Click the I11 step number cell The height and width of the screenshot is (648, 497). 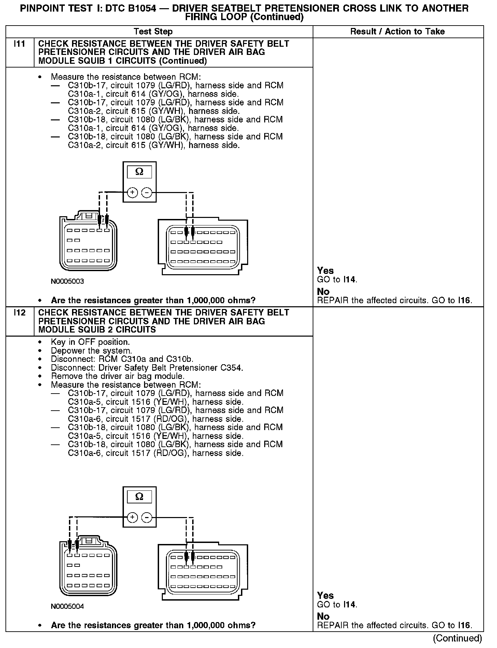click(x=19, y=44)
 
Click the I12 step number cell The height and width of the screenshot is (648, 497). click(x=19, y=313)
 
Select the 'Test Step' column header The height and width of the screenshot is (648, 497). click(x=153, y=32)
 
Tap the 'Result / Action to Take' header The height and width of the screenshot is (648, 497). click(x=397, y=32)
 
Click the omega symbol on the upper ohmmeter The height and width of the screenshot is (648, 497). click(x=139, y=172)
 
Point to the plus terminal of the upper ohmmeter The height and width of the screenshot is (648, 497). click(x=132, y=193)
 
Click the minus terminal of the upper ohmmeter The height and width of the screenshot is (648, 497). click(x=147, y=193)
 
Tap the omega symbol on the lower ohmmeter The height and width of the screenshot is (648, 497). click(x=139, y=497)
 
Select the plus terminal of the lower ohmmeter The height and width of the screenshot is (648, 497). click(x=132, y=518)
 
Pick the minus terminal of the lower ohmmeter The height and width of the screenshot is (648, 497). click(x=147, y=518)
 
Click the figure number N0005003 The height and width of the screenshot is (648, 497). click(x=67, y=281)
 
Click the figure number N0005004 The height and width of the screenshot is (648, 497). click(x=67, y=606)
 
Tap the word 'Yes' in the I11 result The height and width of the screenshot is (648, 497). click(x=325, y=271)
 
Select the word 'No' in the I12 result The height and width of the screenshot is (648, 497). click(x=323, y=616)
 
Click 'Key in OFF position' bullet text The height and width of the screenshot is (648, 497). click(x=90, y=342)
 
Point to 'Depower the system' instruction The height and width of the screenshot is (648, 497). click(x=91, y=351)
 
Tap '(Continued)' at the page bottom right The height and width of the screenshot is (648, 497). click(x=457, y=638)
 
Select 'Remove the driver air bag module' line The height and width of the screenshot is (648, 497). click(x=118, y=376)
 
